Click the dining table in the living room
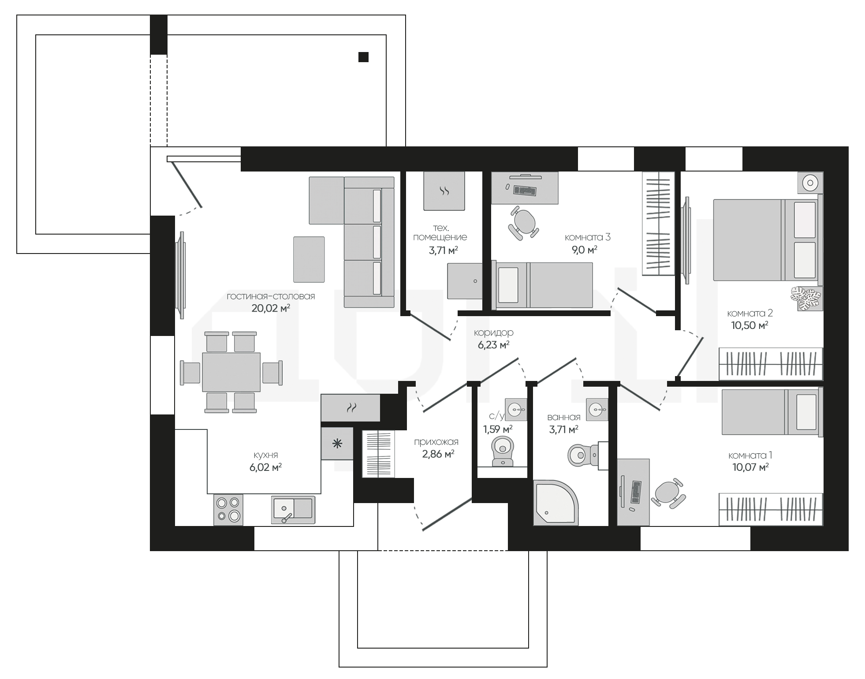pyautogui.click(x=231, y=372)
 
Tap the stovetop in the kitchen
pyautogui.click(x=228, y=509)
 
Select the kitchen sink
pyautogui.click(x=293, y=510)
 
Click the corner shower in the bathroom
pyautogui.click(x=556, y=503)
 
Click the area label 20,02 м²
pyautogui.click(x=271, y=308)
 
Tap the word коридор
pyautogui.click(x=493, y=333)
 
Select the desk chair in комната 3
pyautogui.click(x=524, y=222)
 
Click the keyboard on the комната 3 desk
pyautogui.click(x=525, y=191)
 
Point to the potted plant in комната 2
pyautogui.click(x=806, y=298)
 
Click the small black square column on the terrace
pyautogui.click(x=363, y=57)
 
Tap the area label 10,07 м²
pyautogui.click(x=750, y=467)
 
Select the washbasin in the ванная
pyautogui.click(x=597, y=409)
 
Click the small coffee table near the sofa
pyautogui.click(x=309, y=259)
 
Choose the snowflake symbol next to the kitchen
pyautogui.click(x=337, y=444)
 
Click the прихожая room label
pyautogui.click(x=436, y=442)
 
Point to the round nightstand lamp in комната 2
pyautogui.click(x=810, y=182)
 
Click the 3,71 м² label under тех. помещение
pyautogui.click(x=444, y=251)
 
